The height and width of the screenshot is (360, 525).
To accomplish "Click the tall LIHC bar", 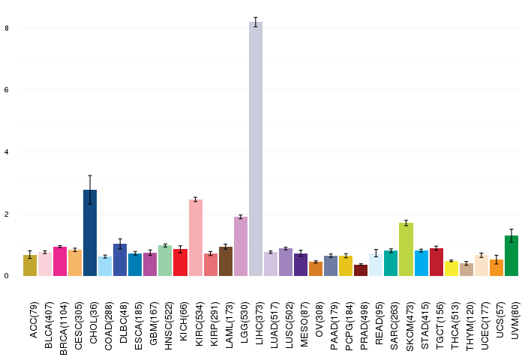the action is point(256,149).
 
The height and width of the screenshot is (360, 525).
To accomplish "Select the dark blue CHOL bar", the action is point(90,233).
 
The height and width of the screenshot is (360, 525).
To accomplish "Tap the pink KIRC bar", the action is point(196,238).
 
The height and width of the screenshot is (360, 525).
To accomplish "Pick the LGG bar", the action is point(241,247).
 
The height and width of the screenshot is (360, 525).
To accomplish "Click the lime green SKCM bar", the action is point(406,250).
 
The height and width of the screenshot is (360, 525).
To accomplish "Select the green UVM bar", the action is point(511,256).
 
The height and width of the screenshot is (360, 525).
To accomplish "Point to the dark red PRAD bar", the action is point(361,271).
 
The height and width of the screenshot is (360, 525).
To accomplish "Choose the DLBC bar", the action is point(120,259).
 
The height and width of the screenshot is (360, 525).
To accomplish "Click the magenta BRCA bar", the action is point(60,262).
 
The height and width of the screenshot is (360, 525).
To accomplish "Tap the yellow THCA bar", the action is point(451,268).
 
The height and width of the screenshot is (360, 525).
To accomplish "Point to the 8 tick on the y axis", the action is point(7,28).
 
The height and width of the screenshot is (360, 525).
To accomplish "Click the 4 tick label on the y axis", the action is point(7,152).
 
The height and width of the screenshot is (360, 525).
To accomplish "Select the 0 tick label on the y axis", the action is point(7,276).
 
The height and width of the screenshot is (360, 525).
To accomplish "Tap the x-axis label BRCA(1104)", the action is point(64,328).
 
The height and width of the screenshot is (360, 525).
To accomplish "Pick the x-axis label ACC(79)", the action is point(34,320).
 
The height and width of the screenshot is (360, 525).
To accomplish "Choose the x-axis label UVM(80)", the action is point(516,320).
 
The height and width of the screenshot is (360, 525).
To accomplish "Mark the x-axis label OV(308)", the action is point(319,319).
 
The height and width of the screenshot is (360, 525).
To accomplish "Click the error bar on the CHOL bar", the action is point(90,190).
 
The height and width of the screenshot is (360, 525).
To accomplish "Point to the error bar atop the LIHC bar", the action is point(256,22).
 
